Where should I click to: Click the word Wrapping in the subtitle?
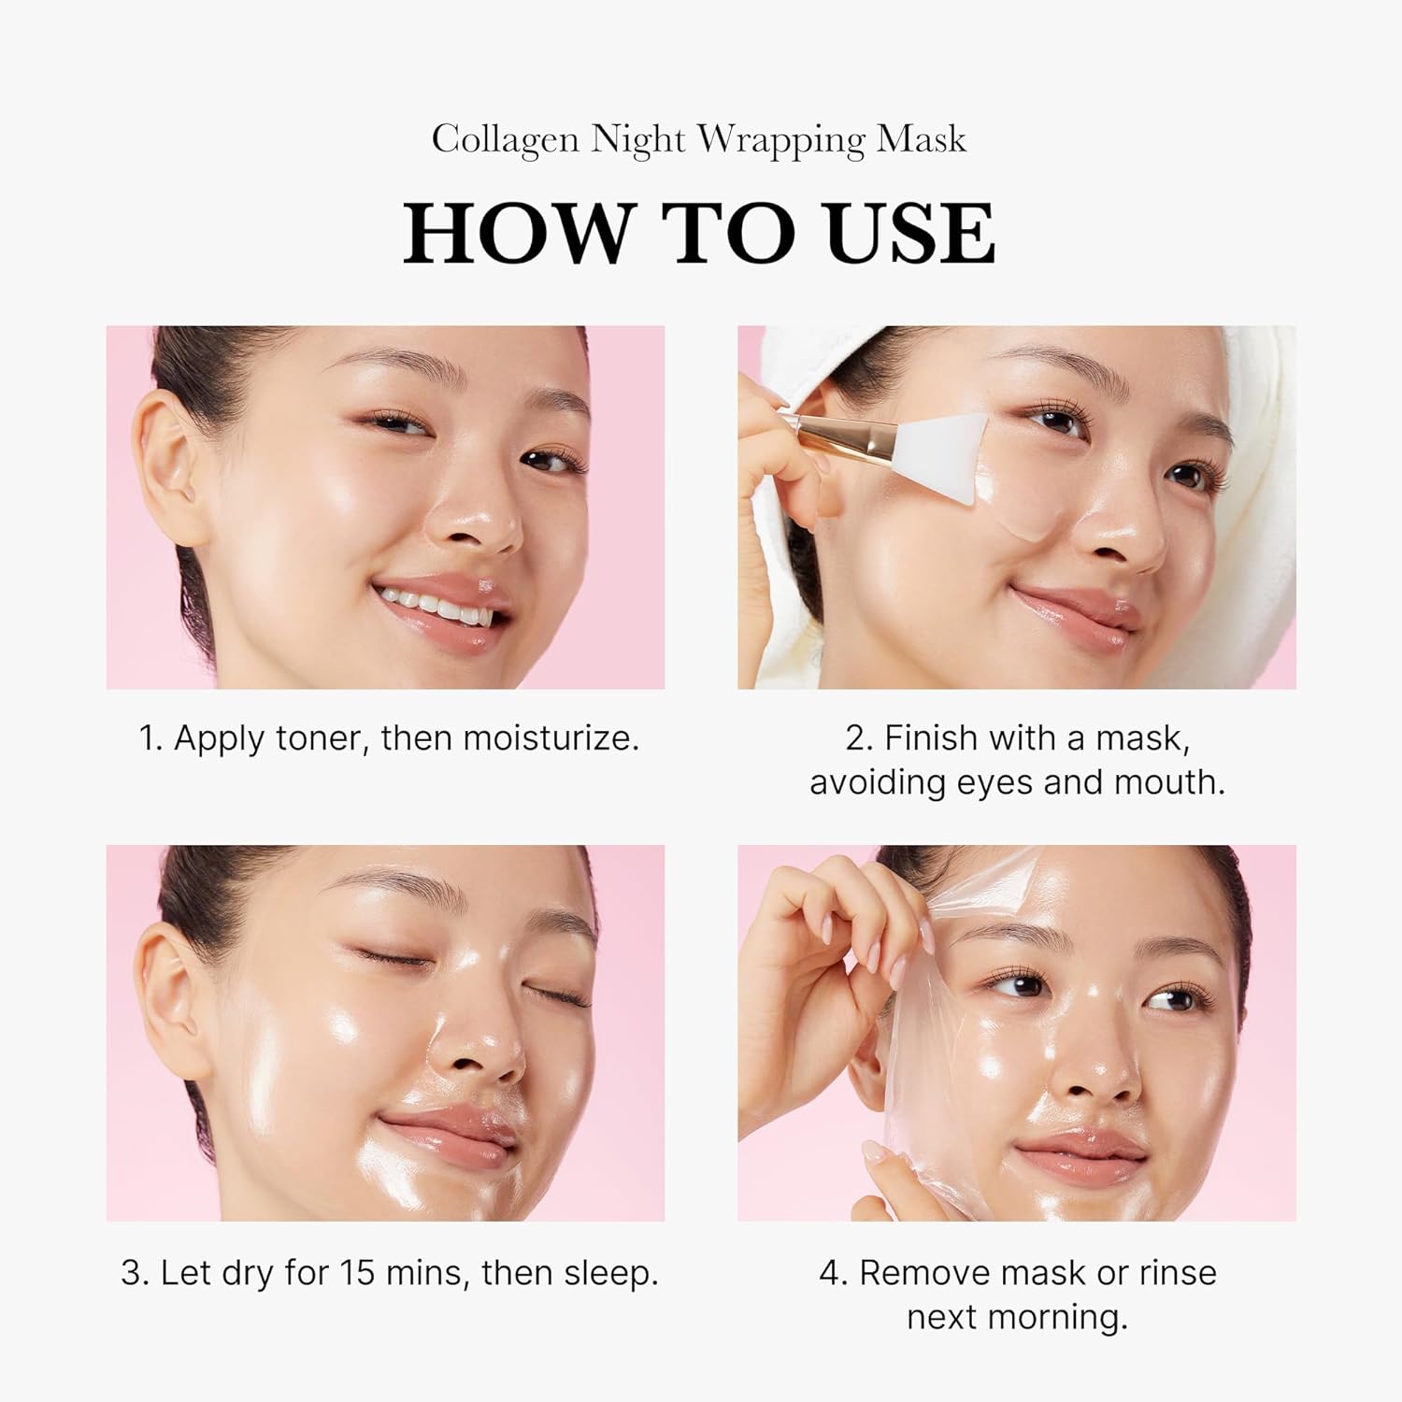coord(781,139)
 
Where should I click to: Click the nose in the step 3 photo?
coord(477,1051)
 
